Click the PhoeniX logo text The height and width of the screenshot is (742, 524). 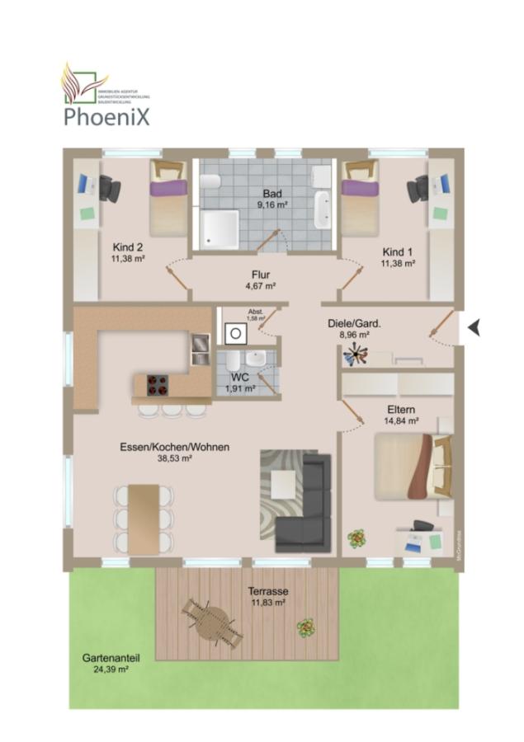107,116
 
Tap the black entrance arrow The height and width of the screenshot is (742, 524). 474,328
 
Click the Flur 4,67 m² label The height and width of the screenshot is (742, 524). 261,280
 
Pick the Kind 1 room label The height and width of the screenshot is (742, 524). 398,257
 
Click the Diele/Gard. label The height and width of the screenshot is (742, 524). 354,330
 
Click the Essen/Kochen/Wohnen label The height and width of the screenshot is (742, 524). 175,452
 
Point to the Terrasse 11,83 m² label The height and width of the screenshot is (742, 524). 268,597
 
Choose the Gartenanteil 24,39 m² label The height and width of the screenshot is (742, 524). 110,665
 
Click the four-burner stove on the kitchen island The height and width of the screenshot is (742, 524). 158,385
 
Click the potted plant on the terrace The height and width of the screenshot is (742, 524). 306,628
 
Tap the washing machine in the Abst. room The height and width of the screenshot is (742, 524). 235,332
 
